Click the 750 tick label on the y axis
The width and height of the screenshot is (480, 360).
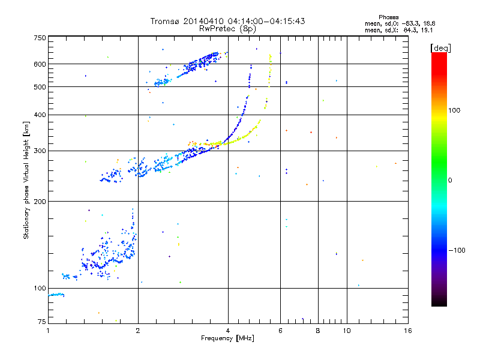40,38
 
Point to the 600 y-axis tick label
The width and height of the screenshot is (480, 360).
40,64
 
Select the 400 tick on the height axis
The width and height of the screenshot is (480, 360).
40,115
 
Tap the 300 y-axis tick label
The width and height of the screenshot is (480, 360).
40,151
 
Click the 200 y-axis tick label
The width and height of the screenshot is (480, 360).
40,201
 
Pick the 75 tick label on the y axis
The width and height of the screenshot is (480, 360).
41,322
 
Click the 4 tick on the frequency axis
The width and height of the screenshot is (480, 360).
228,331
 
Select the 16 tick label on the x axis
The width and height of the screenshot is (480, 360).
407,331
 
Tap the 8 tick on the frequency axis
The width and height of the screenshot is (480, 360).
318,331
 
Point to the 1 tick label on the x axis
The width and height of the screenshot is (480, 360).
49,331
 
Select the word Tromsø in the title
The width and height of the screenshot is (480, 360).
166,21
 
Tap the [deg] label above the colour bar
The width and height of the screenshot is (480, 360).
440,47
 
